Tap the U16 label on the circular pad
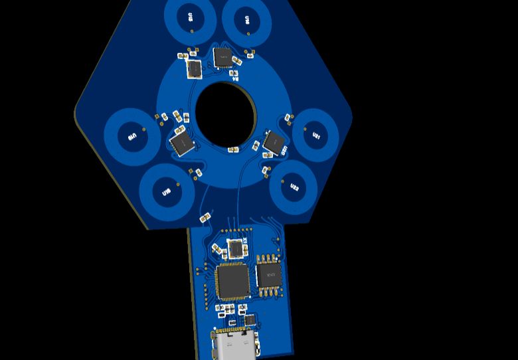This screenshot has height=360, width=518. (247, 20)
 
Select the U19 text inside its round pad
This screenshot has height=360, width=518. (131, 137)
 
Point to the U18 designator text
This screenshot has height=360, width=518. (166, 193)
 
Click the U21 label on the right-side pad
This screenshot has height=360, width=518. (316, 135)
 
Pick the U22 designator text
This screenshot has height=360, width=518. (294, 187)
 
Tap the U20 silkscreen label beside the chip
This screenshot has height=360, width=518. (284, 151)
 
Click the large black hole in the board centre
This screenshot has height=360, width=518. (226, 114)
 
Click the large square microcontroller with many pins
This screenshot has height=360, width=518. (232, 280)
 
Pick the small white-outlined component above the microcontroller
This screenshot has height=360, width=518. (236, 248)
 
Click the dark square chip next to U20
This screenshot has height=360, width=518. (272, 141)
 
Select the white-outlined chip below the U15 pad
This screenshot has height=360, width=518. (194, 68)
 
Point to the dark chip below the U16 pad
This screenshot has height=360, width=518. (223, 58)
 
